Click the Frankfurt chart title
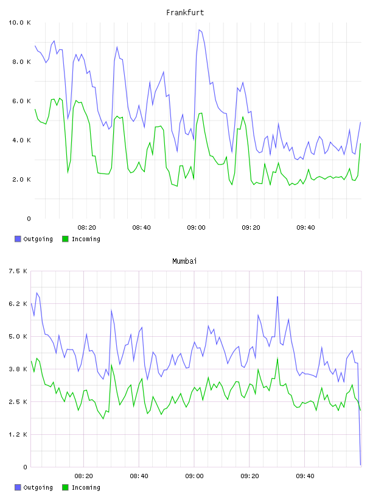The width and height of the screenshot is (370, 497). [x=185, y=13]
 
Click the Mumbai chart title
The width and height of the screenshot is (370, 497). [x=184, y=261]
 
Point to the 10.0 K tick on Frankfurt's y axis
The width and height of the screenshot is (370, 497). [x=19, y=23]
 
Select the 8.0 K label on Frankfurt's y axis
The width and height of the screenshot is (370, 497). [x=21, y=62]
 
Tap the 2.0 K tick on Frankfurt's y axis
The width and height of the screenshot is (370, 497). [x=21, y=180]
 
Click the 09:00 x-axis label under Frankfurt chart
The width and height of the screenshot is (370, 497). [x=196, y=228]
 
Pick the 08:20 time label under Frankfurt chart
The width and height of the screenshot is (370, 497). [x=87, y=228]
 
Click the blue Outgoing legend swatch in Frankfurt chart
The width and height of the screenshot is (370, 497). [x=18, y=239]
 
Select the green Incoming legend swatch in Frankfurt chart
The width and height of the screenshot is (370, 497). [x=65, y=239]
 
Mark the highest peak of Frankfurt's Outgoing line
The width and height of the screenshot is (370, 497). [x=199, y=30]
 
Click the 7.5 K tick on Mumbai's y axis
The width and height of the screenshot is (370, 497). [x=18, y=271]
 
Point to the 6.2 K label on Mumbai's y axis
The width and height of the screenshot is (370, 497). [x=18, y=304]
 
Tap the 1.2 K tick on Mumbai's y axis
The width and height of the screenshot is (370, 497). [x=18, y=434]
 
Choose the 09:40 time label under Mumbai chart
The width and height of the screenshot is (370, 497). [x=305, y=476]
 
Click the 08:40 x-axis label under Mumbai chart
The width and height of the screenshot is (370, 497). [x=139, y=476]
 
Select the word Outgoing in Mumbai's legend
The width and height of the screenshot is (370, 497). [x=38, y=487]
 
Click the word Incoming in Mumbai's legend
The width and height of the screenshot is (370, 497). [x=86, y=487]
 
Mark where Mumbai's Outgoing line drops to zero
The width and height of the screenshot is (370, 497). [x=360, y=465]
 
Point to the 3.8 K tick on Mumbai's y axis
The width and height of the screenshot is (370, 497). [x=18, y=369]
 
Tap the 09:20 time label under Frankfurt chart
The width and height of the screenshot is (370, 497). [x=251, y=228]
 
